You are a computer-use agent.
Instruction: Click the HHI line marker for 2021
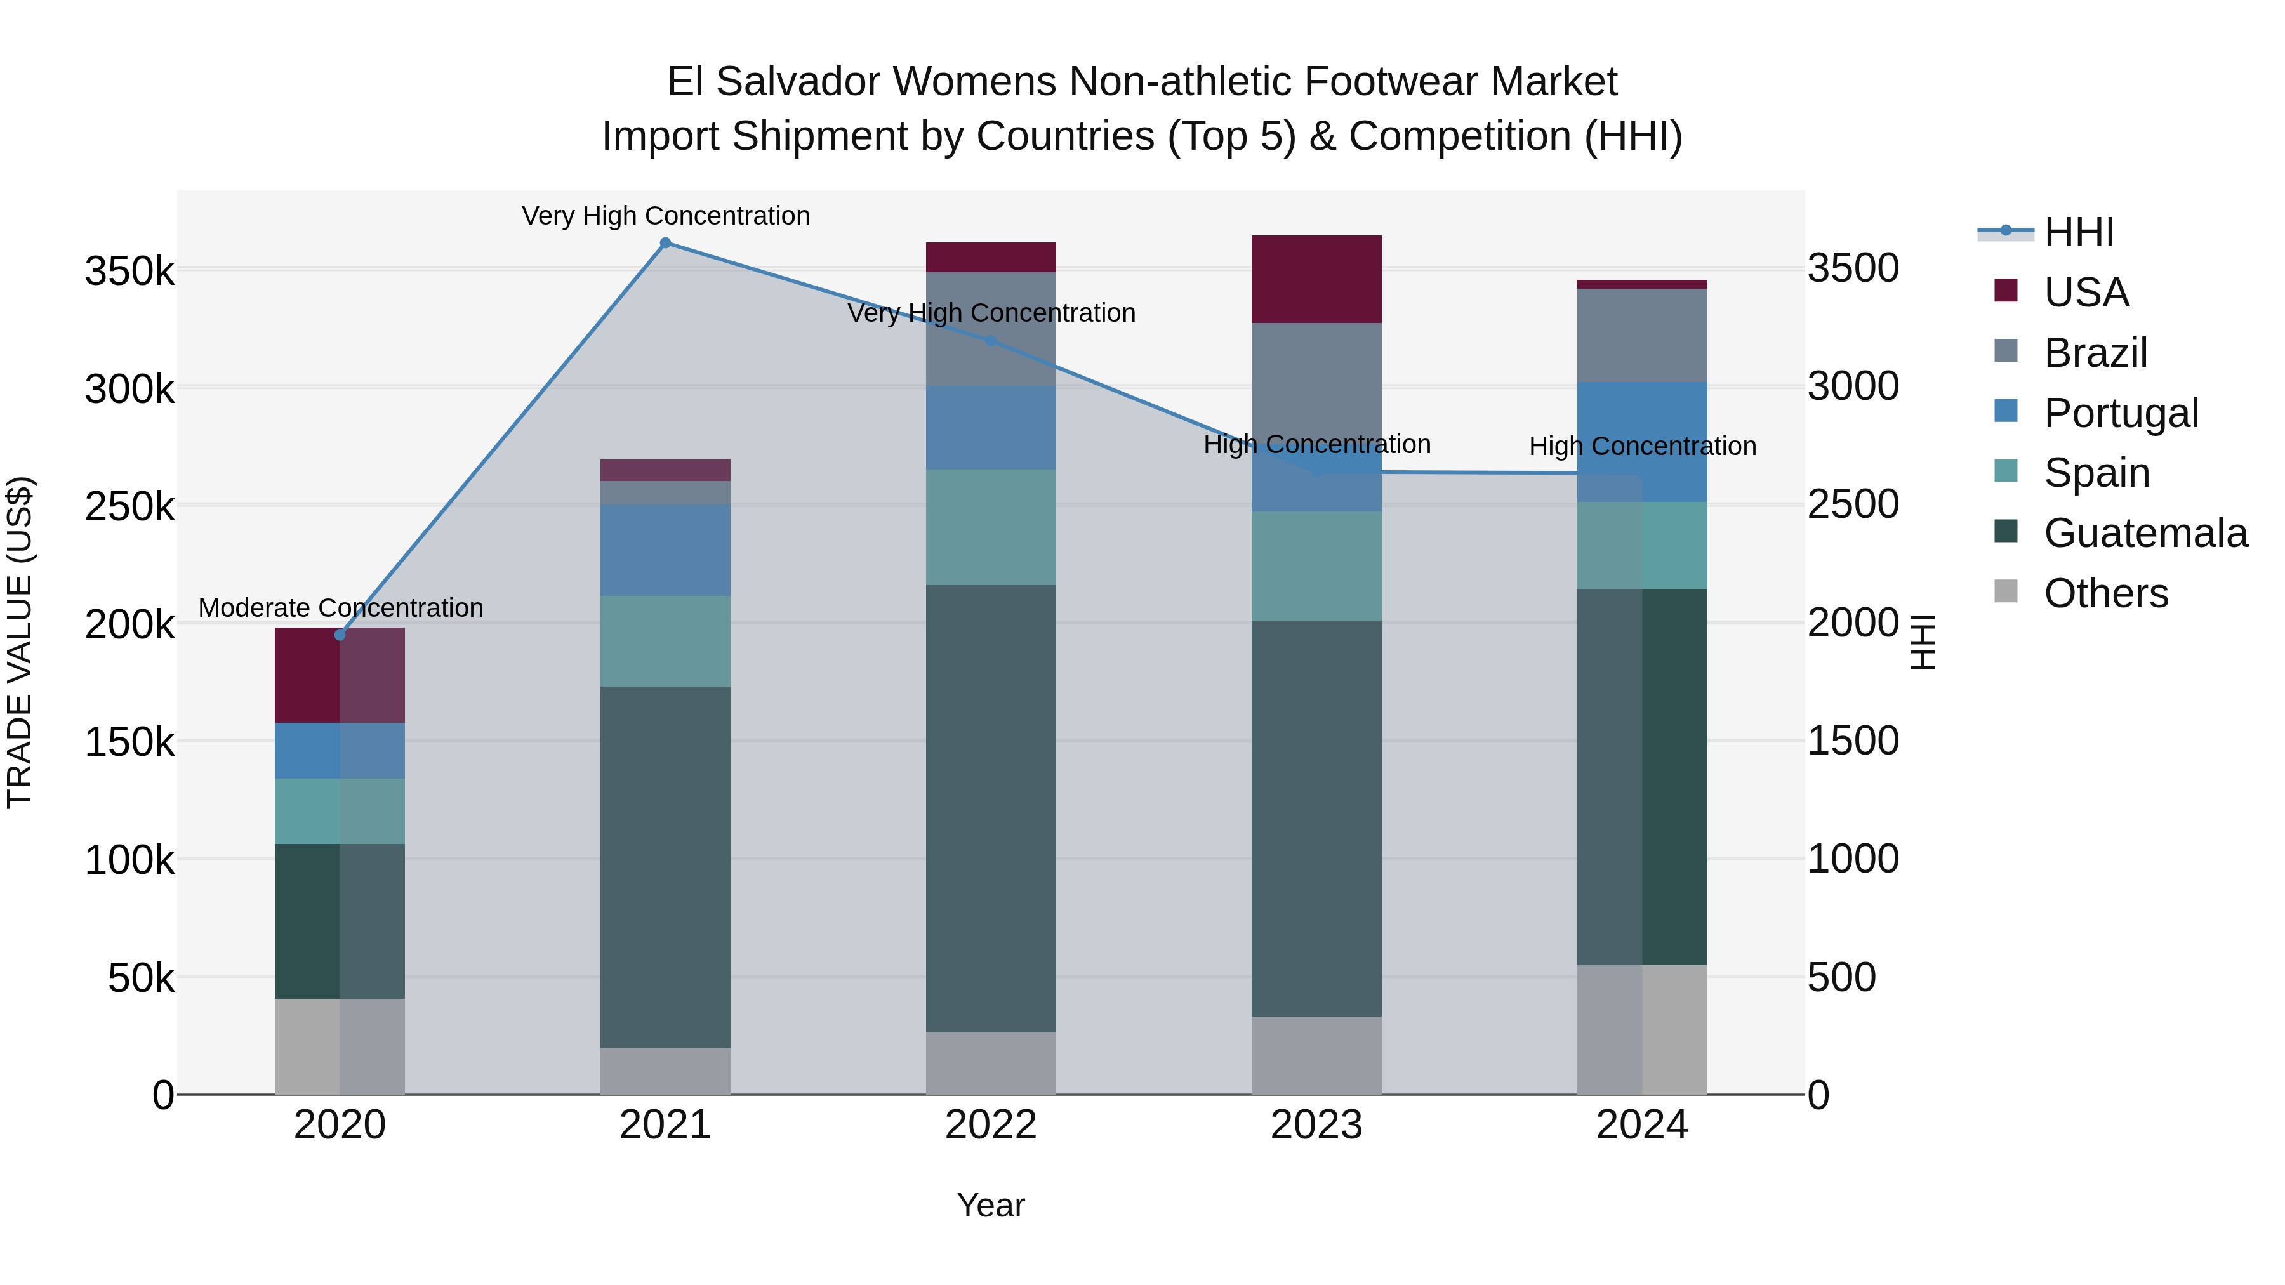665,243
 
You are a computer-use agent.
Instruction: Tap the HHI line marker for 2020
340,635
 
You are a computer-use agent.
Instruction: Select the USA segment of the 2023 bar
1316,279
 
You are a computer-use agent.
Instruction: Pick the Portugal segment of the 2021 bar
665,550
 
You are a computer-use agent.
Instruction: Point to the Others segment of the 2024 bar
1642,1030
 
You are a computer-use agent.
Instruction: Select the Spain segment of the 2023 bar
1316,566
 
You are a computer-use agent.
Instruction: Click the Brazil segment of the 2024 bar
1642,335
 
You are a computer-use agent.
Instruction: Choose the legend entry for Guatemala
2145,533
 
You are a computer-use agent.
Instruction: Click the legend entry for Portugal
2120,413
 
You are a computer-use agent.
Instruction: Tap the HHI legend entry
2078,232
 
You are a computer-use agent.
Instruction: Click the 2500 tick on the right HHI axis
1853,504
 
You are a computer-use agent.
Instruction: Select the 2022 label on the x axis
991,1125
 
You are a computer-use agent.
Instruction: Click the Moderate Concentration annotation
341,609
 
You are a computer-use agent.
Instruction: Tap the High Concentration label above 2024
1642,446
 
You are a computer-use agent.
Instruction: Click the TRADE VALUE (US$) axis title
20,642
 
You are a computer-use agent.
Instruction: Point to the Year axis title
991,1205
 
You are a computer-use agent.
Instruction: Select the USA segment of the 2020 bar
340,675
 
